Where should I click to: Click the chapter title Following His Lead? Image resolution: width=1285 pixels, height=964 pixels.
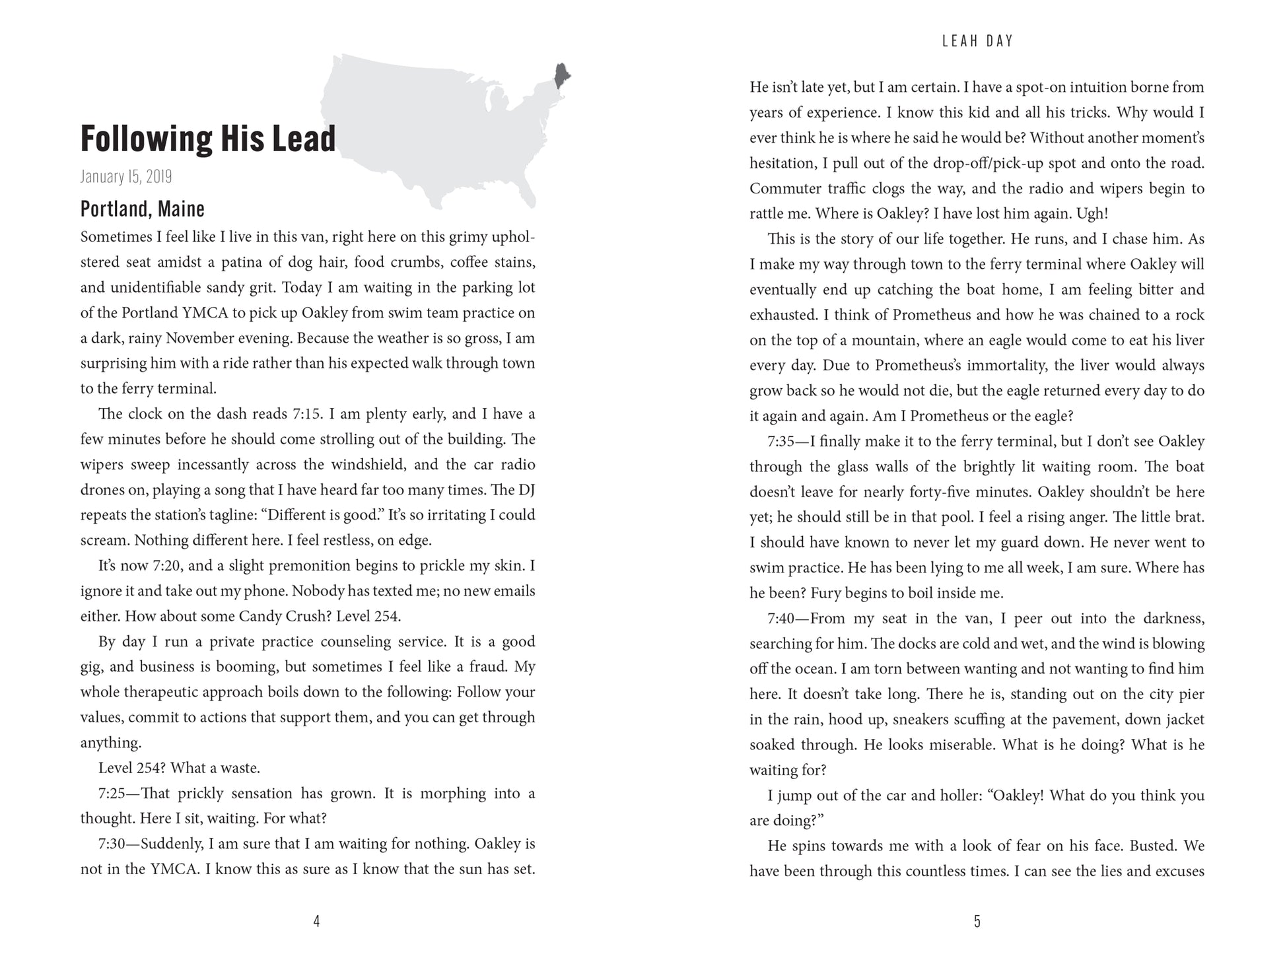tap(208, 139)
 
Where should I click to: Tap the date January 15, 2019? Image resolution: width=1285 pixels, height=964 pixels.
tap(126, 177)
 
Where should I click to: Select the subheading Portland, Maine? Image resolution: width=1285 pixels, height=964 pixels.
tap(143, 209)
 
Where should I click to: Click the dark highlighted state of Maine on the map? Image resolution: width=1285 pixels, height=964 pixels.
tap(562, 75)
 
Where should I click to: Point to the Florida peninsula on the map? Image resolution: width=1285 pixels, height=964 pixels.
tap(526, 191)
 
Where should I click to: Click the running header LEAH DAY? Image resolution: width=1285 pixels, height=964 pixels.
tap(977, 41)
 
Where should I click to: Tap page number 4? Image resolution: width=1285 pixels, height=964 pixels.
tap(316, 922)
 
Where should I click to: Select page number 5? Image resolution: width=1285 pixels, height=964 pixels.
tap(977, 922)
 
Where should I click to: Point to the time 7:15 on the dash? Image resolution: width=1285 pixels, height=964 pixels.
tap(307, 414)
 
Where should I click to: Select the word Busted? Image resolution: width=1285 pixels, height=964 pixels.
tap(1154, 846)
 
